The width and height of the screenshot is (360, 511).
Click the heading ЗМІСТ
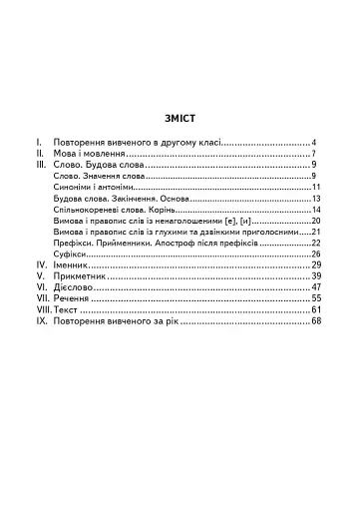pos(180,117)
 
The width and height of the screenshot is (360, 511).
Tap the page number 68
pos(315,321)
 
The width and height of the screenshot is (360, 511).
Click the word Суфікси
pos(72,254)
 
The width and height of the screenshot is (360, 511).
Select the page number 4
pos(313,143)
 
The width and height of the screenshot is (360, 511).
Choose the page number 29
pos(315,264)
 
